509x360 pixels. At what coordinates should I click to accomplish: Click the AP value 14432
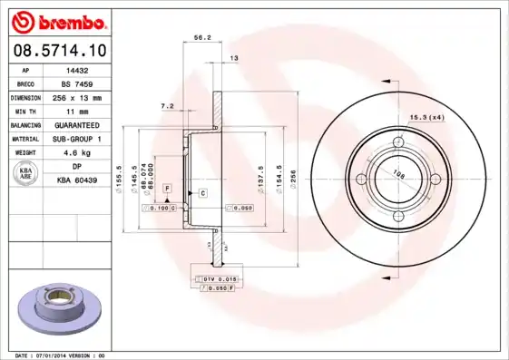77,69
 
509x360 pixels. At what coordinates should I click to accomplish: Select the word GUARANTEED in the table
77,124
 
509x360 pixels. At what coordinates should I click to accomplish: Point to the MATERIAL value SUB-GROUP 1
77,139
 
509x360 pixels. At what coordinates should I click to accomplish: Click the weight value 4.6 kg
77,152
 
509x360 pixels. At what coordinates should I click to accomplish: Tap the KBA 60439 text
77,180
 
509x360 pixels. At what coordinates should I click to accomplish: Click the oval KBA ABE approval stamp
27,173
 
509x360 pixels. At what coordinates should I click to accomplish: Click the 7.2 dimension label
167,106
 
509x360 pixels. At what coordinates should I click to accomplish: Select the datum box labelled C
202,193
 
